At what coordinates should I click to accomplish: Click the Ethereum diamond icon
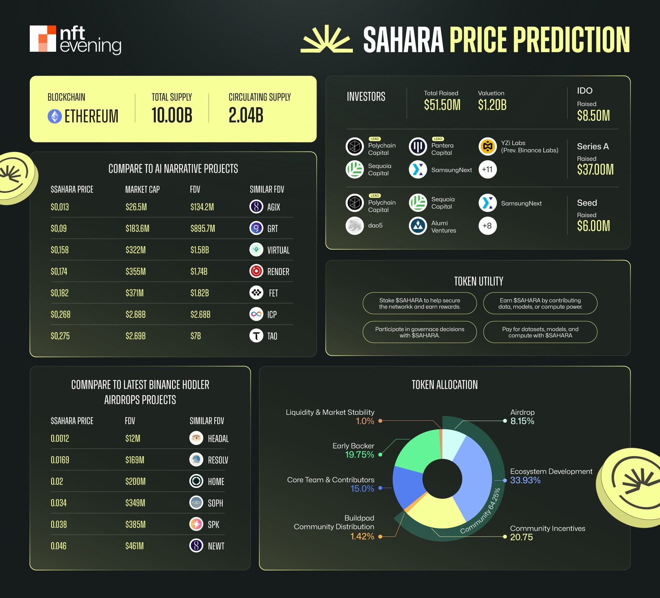55,116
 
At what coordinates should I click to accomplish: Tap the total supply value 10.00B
172,115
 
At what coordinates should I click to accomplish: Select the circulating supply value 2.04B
246,115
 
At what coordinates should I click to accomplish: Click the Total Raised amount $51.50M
442,105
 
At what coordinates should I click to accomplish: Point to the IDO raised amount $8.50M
593,116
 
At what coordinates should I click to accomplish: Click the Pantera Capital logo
418,146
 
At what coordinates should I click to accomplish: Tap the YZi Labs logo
487,146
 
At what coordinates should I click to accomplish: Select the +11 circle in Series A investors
487,169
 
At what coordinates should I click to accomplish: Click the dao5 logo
354,226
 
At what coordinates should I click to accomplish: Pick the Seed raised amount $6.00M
593,226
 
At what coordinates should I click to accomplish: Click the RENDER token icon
256,271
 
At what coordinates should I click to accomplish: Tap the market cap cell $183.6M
137,228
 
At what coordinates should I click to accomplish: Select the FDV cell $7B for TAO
196,336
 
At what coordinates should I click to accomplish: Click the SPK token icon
196,524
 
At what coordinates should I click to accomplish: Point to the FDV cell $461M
134,546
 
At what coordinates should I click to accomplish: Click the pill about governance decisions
419,332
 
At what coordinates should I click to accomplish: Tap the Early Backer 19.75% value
359,455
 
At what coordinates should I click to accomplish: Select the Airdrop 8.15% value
522,421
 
